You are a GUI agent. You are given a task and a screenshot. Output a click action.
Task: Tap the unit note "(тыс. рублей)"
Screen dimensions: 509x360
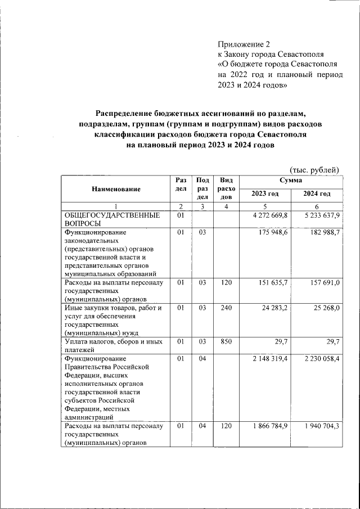pos(314,169)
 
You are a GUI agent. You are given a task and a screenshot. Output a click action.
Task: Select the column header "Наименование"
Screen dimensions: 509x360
pos(116,190)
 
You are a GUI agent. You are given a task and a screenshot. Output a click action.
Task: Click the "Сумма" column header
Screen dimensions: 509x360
pos(290,181)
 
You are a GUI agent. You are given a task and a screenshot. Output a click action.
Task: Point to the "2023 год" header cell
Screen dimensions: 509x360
pos(265,194)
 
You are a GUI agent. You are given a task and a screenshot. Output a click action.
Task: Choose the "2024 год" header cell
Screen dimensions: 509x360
pos(316,194)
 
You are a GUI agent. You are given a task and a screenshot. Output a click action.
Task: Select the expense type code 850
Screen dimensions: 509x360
pos(226,342)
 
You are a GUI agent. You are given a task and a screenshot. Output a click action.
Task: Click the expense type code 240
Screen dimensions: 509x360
pos(226,308)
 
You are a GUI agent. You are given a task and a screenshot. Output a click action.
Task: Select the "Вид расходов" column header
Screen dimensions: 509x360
pos(226,188)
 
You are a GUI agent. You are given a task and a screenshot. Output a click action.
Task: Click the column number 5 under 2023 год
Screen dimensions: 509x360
pos(265,206)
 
